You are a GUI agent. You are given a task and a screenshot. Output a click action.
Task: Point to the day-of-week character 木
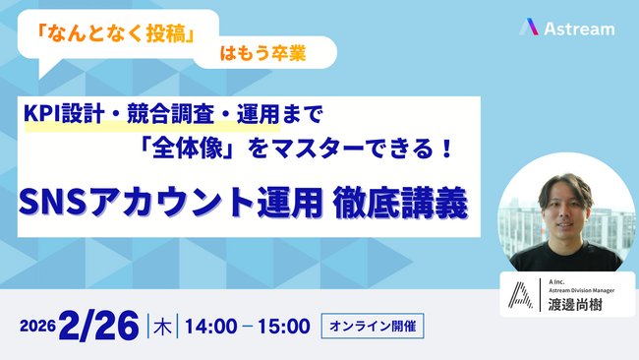(159, 327)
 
